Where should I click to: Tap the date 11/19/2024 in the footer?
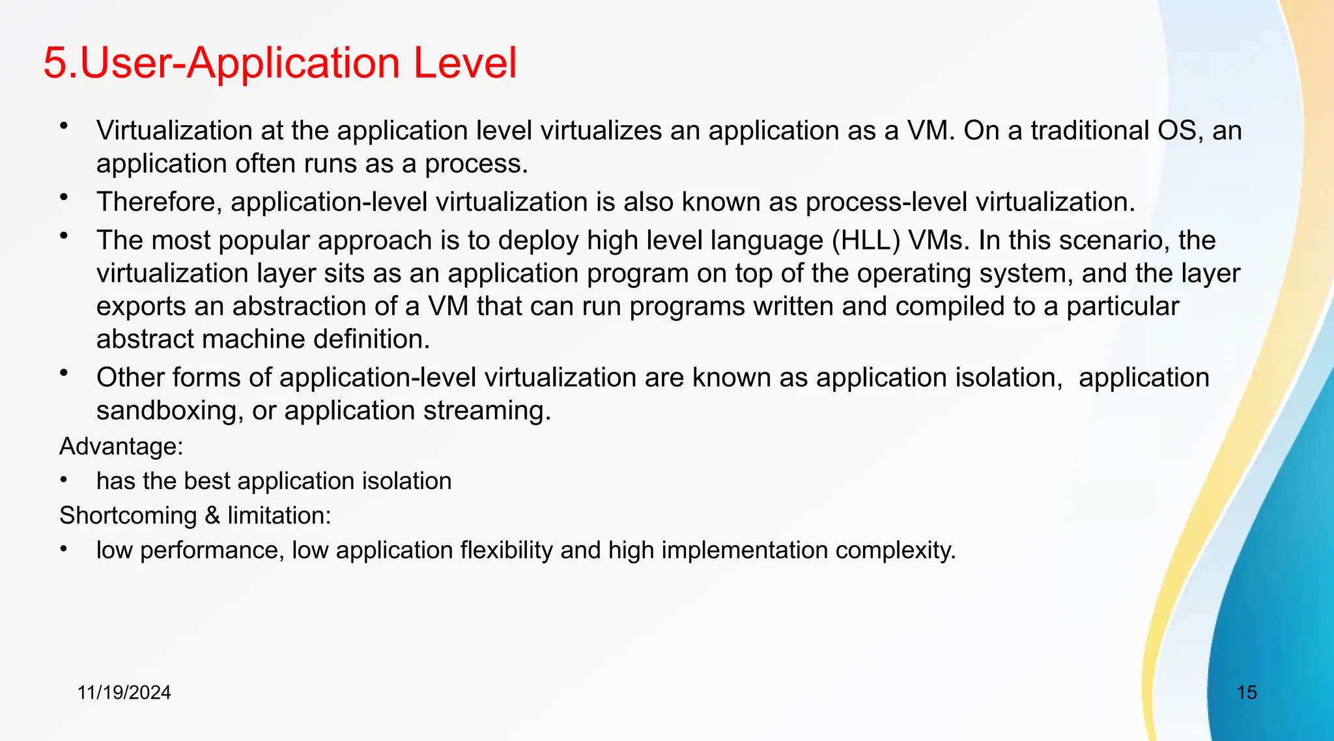tap(124, 692)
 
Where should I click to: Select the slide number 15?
tap(1246, 692)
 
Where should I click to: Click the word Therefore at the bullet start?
tap(159, 202)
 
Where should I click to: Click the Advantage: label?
tap(121, 446)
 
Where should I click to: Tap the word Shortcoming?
tap(128, 515)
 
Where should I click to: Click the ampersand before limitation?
tap(212, 515)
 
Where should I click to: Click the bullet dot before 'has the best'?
tap(63, 480)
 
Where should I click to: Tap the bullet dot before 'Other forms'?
tap(63, 373)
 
